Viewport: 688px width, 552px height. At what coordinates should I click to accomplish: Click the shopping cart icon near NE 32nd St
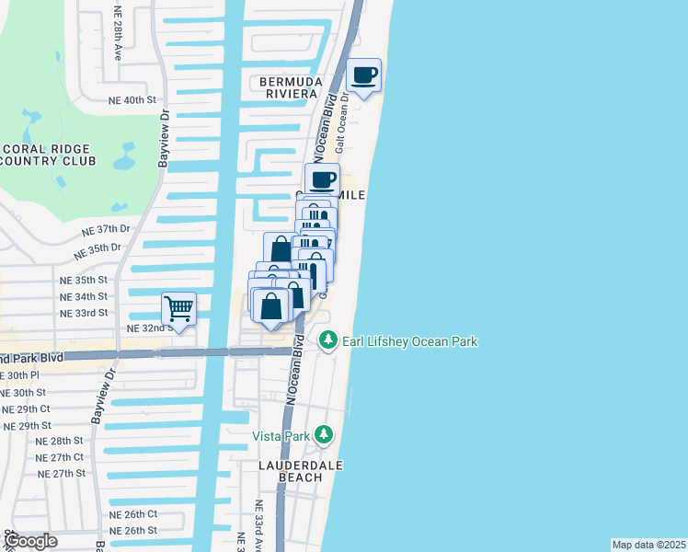[179, 308]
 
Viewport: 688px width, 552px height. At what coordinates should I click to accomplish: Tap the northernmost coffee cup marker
[364, 75]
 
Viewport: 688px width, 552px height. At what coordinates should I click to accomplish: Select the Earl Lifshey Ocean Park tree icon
[328, 340]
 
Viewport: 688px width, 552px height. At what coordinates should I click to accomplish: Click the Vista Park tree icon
[323, 433]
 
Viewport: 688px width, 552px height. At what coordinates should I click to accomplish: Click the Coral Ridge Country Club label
[48, 155]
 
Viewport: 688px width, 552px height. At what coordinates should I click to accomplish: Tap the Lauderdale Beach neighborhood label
[300, 471]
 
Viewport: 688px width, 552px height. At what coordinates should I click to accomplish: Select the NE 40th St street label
[133, 99]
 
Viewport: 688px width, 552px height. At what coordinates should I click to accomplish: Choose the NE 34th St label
[83, 296]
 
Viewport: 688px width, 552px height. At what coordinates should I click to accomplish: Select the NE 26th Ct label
[133, 513]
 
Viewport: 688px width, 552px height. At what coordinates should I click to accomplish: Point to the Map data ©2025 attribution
[648, 545]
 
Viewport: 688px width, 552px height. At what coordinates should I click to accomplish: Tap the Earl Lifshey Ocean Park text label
[410, 341]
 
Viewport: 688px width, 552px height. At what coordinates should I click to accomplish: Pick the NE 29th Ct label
[26, 408]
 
